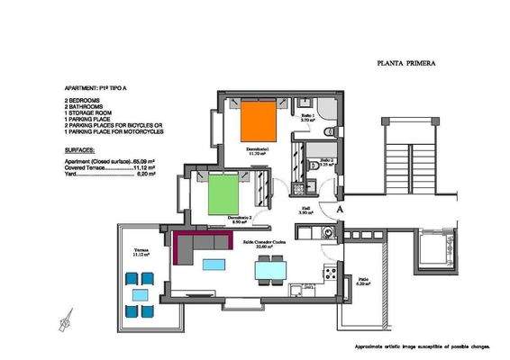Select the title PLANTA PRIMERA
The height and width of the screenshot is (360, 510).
[405, 65]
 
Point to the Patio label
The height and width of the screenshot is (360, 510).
[361, 280]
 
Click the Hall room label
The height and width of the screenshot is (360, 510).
[305, 209]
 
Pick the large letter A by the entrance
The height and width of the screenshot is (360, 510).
[339, 208]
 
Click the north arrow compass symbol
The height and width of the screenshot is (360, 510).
[65, 319]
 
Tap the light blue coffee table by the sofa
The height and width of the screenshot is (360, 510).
[214, 264]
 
